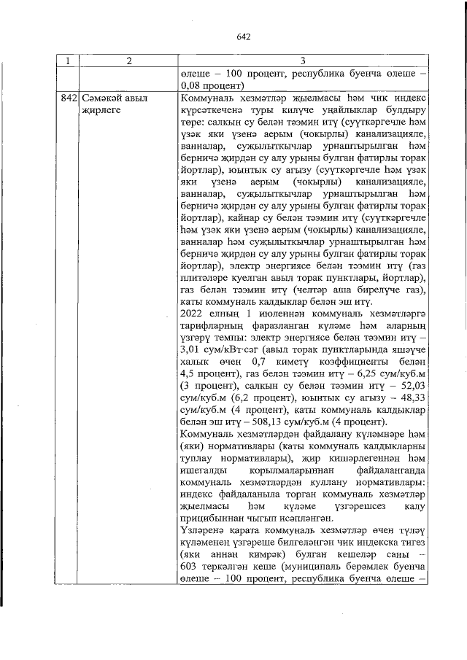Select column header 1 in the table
coord(69,61)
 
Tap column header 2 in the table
coord(128,61)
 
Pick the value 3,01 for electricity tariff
coord(190,350)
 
